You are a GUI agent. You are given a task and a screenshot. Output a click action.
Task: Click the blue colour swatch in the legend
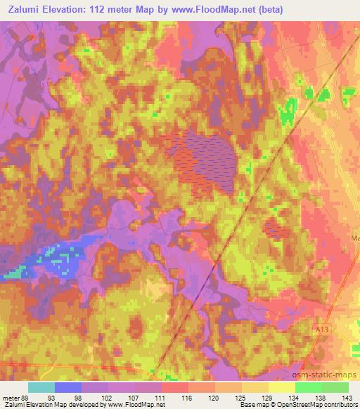pos(68,387)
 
